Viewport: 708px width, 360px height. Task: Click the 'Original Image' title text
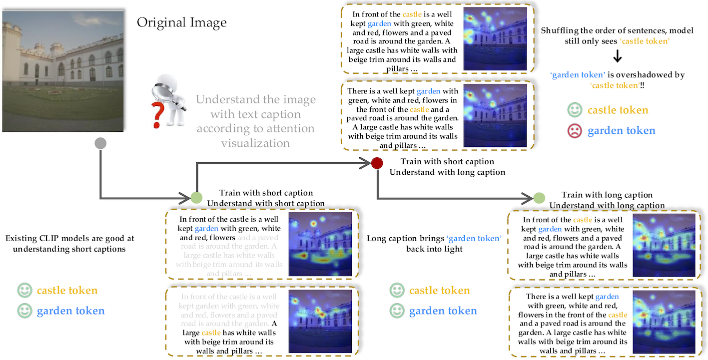[x=182, y=23]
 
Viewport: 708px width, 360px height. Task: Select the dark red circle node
[x=377, y=162]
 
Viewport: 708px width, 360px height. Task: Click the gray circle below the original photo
[x=100, y=144]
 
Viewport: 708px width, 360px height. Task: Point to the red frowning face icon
[x=575, y=131]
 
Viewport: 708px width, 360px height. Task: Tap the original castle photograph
[x=63, y=71]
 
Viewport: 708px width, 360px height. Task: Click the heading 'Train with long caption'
[x=607, y=195]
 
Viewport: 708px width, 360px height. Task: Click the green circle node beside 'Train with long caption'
[x=539, y=198]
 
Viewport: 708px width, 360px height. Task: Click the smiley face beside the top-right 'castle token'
[x=575, y=110]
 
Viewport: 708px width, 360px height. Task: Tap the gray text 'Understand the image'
[x=255, y=99]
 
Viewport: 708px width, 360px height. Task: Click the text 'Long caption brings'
[x=405, y=239]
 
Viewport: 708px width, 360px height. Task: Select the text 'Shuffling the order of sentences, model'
[x=617, y=30]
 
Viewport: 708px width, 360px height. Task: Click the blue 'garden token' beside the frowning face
[x=621, y=131]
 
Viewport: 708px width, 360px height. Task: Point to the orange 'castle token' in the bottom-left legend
[x=67, y=291]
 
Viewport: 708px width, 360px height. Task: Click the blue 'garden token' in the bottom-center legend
[x=443, y=311]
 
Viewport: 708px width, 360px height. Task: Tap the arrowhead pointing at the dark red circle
[x=366, y=162]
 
